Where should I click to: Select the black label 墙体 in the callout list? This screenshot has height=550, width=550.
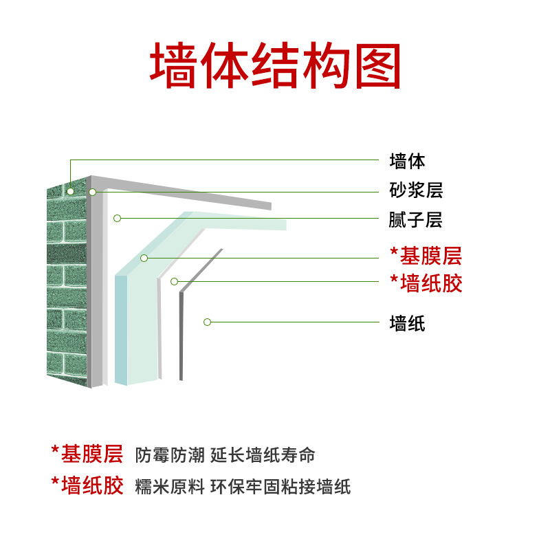pos(407,162)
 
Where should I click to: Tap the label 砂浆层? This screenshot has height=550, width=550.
pos(416,190)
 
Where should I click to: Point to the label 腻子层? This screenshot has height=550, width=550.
pos(415,220)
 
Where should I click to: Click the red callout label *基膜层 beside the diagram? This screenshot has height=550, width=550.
pos(426,256)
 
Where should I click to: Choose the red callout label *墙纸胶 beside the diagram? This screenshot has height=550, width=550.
pos(426,283)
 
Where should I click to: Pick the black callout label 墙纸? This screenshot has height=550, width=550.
pos(407,323)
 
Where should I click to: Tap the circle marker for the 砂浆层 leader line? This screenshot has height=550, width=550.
pos(93,192)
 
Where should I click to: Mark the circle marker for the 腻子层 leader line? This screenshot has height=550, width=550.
pos(118,219)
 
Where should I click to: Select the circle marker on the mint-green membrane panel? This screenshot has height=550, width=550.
pos(144,258)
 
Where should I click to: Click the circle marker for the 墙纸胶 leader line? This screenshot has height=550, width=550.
pos(175,281)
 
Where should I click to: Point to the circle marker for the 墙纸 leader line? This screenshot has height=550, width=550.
pos(207,322)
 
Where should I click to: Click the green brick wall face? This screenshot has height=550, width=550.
pos(67,289)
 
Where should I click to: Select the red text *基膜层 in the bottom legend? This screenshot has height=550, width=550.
pos(87,454)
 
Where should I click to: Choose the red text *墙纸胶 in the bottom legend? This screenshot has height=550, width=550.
pos(87,486)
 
